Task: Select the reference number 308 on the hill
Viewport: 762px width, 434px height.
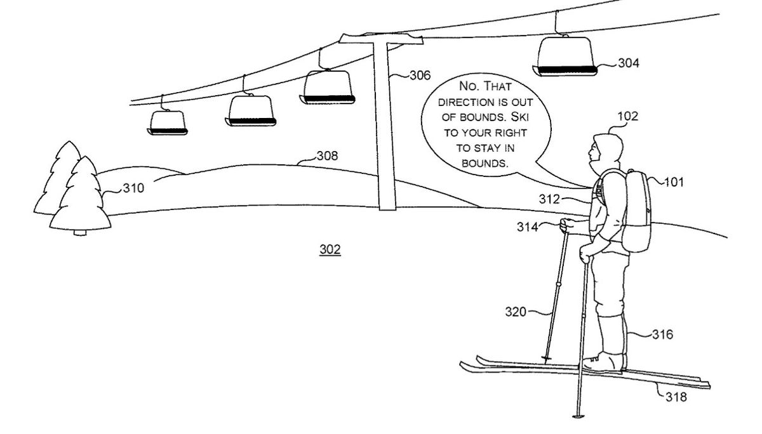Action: [x=327, y=155]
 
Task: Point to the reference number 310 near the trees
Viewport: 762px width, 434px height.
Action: [x=133, y=188]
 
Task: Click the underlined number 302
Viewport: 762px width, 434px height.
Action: [x=330, y=250]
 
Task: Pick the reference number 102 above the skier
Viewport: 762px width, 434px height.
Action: [x=627, y=116]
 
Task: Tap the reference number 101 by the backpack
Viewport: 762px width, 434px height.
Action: [x=674, y=182]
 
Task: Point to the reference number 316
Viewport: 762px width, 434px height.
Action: [x=662, y=334]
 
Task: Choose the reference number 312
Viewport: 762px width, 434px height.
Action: [x=550, y=199]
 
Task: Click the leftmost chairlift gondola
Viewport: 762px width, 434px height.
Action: [x=168, y=122]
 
